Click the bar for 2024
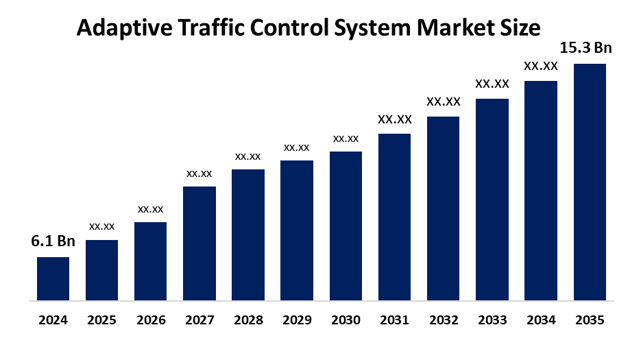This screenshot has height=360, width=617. point(53,278)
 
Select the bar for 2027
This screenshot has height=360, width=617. point(199,243)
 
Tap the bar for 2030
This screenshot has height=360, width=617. point(346,226)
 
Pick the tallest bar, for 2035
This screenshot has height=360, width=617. point(590,182)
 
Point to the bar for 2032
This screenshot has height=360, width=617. point(443,208)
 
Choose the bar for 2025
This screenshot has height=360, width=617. point(101,270)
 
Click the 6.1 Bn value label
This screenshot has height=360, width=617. point(53,241)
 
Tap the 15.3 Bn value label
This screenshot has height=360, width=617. point(585,48)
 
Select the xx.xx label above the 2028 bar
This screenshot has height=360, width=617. point(248,156)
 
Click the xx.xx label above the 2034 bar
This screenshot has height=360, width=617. point(541,67)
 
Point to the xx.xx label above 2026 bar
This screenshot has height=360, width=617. point(150,208)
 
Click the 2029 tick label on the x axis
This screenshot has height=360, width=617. point(297,320)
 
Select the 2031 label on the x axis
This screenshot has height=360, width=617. point(394,320)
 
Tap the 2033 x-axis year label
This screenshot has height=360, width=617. point(492,320)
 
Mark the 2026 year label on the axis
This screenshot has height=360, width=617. point(150,320)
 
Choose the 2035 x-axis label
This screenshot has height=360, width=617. point(590,320)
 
